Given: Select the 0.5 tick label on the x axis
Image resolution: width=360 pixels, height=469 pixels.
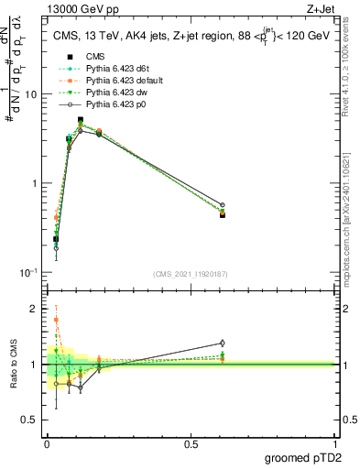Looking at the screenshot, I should click(191, 444).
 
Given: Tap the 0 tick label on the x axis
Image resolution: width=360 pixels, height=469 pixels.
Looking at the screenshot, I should click(47, 444).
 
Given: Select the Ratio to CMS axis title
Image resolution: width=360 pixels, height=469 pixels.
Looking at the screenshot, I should click(12, 365).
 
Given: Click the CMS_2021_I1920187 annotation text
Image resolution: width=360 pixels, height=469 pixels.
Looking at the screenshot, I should click(190, 273).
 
